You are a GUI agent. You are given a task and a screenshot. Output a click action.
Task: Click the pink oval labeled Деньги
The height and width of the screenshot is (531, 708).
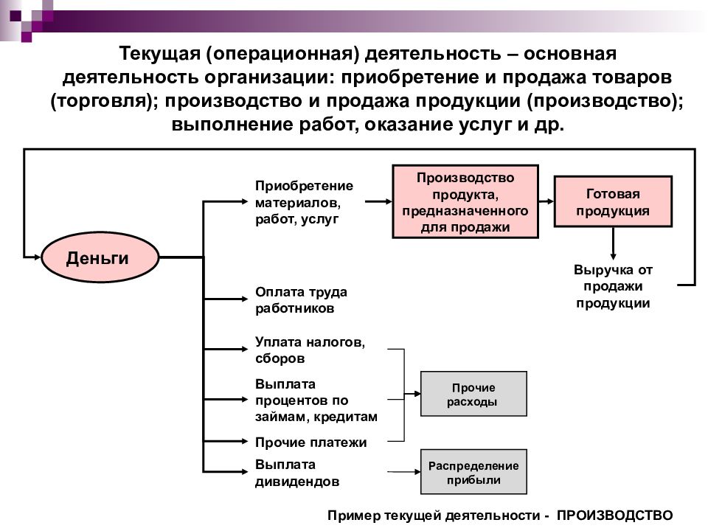tap(100, 257)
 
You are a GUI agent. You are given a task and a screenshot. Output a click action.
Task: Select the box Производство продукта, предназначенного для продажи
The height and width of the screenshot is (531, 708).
tap(465, 201)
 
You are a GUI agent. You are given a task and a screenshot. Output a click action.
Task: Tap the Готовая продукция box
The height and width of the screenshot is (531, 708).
tap(613, 201)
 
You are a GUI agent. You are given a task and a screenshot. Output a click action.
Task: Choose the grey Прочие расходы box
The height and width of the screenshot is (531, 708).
tap(473, 394)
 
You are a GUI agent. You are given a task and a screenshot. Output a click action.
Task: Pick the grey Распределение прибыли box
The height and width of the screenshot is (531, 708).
tap(473, 472)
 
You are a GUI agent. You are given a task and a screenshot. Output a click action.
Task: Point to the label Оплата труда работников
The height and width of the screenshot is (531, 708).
tap(301, 300)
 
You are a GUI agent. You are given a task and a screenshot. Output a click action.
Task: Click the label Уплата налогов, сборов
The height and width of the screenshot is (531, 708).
tap(310, 350)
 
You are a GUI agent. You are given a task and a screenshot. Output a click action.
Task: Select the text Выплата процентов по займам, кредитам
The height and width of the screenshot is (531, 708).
tap(316, 400)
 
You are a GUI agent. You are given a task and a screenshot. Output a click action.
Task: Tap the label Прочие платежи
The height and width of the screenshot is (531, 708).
tap(310, 442)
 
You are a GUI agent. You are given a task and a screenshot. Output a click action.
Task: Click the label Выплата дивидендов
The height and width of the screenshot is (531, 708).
tap(297, 473)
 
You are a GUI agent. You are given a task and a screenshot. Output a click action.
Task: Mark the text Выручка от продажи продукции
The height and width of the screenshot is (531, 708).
tap(613, 286)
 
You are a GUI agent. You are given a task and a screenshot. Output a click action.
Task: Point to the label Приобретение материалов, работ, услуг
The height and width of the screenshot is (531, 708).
tap(304, 202)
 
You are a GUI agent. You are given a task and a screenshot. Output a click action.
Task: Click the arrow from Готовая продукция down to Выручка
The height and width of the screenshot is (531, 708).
tap(613, 243)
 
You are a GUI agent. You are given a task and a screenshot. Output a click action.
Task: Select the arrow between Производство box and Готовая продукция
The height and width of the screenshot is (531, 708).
tap(546, 201)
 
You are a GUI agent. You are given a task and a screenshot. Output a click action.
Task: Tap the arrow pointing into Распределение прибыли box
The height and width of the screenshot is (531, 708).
tap(404, 472)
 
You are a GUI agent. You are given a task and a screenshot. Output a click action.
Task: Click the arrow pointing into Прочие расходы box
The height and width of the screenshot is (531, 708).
tap(412, 394)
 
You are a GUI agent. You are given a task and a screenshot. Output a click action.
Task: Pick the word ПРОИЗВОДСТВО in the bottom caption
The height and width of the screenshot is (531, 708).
tap(614, 516)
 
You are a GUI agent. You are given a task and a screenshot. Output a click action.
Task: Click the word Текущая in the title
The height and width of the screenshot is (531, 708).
tap(160, 53)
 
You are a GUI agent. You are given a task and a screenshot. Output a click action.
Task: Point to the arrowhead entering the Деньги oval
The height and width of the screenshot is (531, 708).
tap(37, 257)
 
